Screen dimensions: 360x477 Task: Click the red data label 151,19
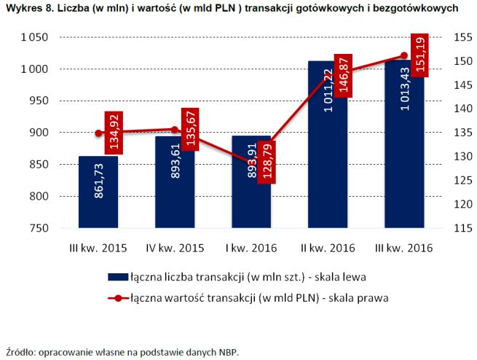419,55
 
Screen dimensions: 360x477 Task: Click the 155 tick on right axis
462,38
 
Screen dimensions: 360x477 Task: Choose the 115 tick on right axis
462,228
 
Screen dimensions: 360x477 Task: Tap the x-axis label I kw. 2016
251,248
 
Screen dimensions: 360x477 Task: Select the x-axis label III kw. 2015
98,248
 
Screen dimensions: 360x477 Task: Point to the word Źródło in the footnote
20,351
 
